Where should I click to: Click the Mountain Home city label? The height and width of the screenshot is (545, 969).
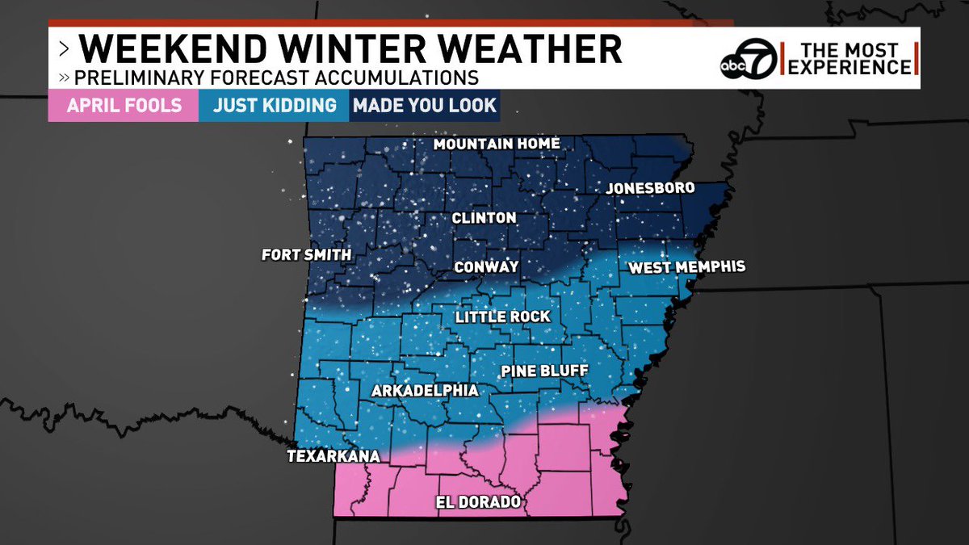(497, 144)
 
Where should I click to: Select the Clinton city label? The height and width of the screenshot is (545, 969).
(484, 218)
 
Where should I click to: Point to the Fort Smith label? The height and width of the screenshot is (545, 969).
(306, 255)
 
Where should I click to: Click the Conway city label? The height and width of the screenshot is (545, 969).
(486, 266)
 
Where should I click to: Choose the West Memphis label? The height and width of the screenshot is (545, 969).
(686, 266)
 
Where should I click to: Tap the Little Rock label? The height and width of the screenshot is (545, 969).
(502, 317)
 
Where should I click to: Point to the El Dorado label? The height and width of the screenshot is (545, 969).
(478, 503)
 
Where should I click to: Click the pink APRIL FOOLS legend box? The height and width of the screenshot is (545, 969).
(124, 106)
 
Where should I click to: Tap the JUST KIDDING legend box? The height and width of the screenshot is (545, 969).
(274, 106)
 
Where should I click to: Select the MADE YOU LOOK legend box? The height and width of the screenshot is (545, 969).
(424, 106)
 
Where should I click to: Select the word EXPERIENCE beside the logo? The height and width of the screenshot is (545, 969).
(849, 68)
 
